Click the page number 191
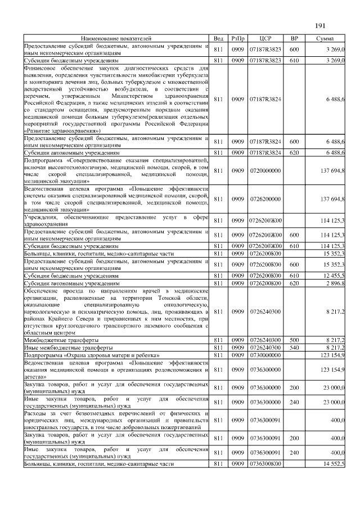(321, 25)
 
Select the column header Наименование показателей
(116, 39)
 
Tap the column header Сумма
(325, 39)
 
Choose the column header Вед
(219, 39)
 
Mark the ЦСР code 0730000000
(265, 356)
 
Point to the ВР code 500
(294, 340)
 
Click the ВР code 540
(294, 348)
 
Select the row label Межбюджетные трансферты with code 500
(54, 340)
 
